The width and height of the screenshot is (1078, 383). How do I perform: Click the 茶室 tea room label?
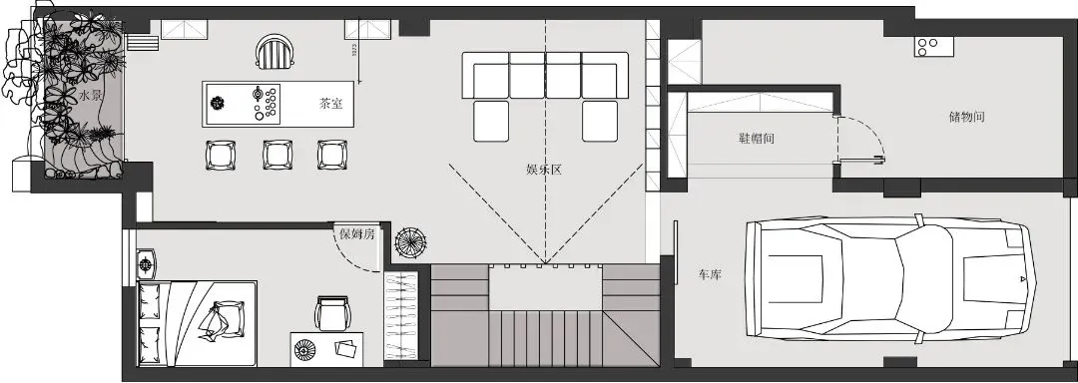pyautogui.click(x=331, y=103)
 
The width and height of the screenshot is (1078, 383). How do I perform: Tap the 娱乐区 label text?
pyautogui.click(x=544, y=170)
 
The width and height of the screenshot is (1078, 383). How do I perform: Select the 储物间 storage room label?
pyautogui.click(x=966, y=117)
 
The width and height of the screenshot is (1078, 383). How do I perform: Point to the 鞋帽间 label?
pyautogui.click(x=756, y=139)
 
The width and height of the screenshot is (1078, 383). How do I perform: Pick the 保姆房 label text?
pyautogui.click(x=356, y=234)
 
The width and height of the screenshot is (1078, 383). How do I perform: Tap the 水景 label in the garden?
pyautogui.click(x=91, y=96)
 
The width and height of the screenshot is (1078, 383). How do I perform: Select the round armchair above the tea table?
pyautogui.click(x=274, y=50)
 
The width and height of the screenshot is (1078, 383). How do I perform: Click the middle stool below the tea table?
pyautogui.click(x=276, y=155)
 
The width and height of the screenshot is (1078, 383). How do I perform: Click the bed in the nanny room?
pyautogui.click(x=200, y=321)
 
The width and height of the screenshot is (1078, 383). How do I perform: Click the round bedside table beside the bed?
pyautogui.click(x=148, y=264)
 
